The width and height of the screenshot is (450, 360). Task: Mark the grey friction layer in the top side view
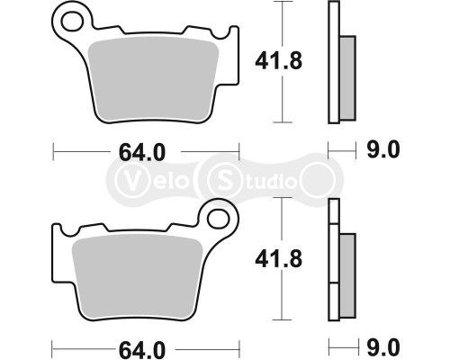tap(348, 77)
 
